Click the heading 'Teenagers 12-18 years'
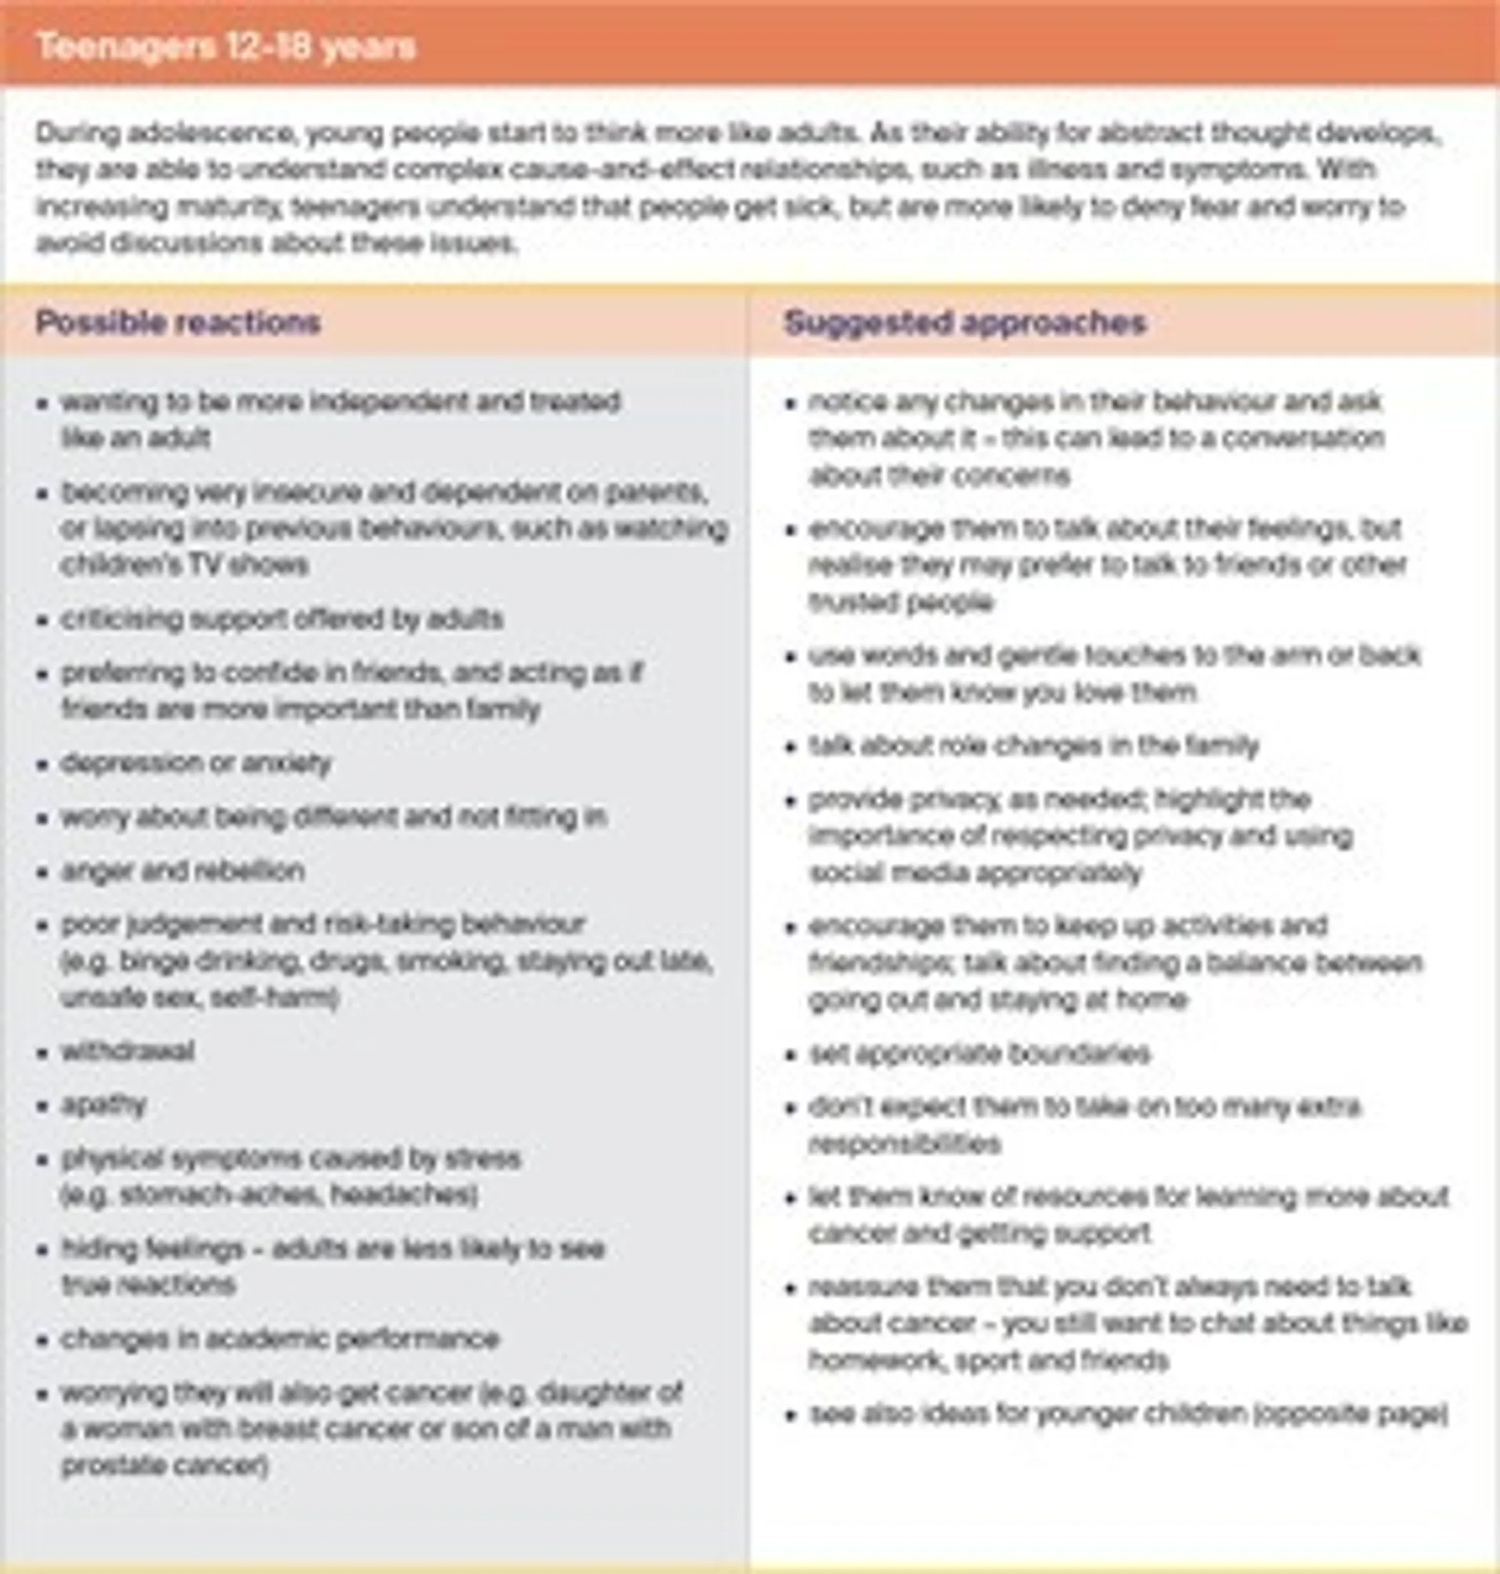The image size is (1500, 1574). coord(226,47)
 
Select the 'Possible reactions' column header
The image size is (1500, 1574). coord(178,322)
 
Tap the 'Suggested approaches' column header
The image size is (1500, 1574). coord(964,322)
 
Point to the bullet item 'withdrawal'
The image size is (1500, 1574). coord(128,1051)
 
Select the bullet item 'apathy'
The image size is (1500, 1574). coord(104,1105)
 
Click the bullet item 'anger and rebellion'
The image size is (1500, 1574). coord(183,870)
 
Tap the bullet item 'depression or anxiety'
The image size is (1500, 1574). coord(196,763)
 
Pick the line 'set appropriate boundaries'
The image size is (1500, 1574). coord(979,1053)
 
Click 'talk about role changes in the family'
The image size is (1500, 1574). coord(1033,746)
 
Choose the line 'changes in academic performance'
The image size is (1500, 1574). coord(280,1339)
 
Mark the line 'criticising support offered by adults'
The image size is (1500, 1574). coord(281,619)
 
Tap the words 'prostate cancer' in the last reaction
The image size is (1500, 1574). coord(163,1465)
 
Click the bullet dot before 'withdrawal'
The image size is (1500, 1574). coord(43,1052)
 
